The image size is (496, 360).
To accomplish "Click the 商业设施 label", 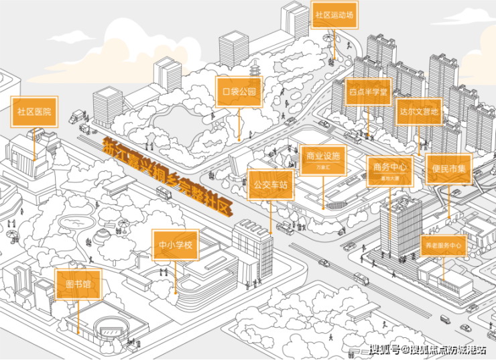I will pyautogui.click(x=323, y=160).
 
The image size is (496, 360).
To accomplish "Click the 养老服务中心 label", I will pyautogui.click(x=443, y=246).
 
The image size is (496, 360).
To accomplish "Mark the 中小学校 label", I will pyautogui.click(x=176, y=245).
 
